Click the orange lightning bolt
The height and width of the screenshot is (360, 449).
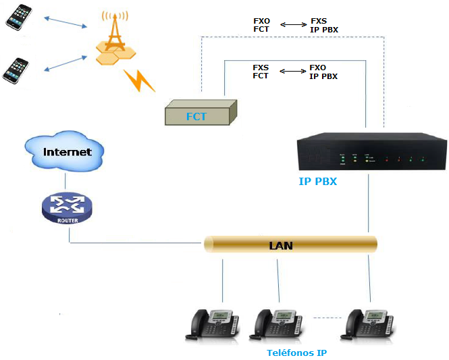[139, 80]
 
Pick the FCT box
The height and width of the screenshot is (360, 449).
[201, 113]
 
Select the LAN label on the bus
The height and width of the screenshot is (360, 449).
[281, 245]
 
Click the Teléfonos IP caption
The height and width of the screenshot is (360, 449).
[297, 353]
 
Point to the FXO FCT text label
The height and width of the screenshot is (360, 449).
[261, 25]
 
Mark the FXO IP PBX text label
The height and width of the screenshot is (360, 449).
[323, 72]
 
